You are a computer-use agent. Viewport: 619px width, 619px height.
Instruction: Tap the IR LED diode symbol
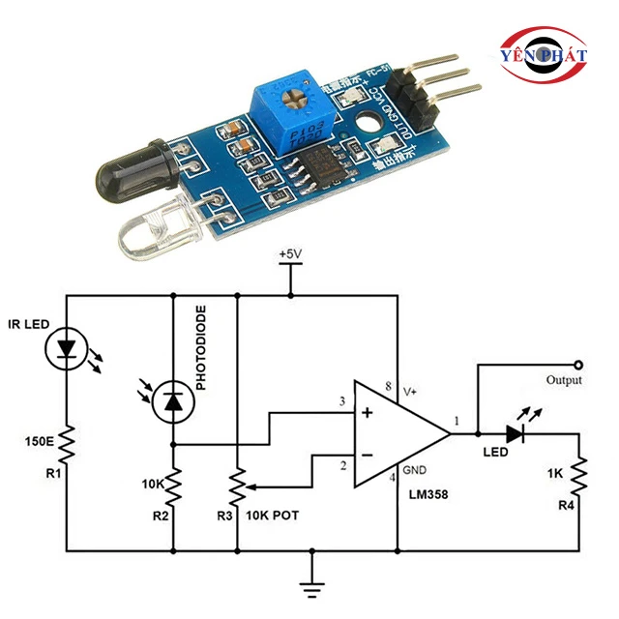coord(66,349)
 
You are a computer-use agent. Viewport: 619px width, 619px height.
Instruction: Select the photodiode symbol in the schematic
coord(173,400)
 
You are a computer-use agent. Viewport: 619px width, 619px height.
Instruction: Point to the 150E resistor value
coord(39,443)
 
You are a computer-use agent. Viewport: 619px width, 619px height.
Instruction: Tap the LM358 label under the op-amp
coord(426,495)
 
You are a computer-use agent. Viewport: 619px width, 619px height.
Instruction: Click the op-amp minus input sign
coord(368,455)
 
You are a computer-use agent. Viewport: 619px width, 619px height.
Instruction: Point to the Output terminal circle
coord(578,365)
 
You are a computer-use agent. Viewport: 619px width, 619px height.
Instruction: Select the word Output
coord(564,380)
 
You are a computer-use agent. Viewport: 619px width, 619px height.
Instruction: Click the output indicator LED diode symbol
coord(515,434)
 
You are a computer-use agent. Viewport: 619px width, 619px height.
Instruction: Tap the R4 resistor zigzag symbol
coord(578,474)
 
